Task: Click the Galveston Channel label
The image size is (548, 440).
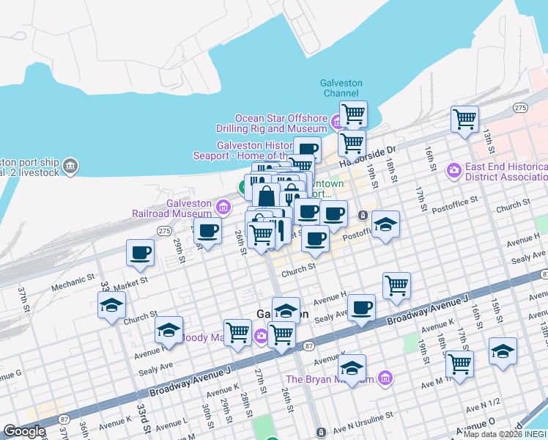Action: pyautogui.click(x=341, y=88)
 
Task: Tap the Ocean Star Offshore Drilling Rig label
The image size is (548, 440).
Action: pyautogui.click(x=281, y=124)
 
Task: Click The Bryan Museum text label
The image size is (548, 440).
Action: pyautogui.click(x=330, y=379)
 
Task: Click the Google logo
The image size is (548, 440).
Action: pyautogui.click(x=24, y=431)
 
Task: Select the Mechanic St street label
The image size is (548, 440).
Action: pyautogui.click(x=73, y=283)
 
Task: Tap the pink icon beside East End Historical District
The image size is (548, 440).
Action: pyautogui.click(x=454, y=171)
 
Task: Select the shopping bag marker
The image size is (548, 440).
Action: pyautogui.click(x=266, y=196)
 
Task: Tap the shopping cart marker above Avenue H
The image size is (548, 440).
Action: pyautogui.click(x=396, y=285)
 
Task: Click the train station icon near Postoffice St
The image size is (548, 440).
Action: pyautogui.click(x=363, y=216)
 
